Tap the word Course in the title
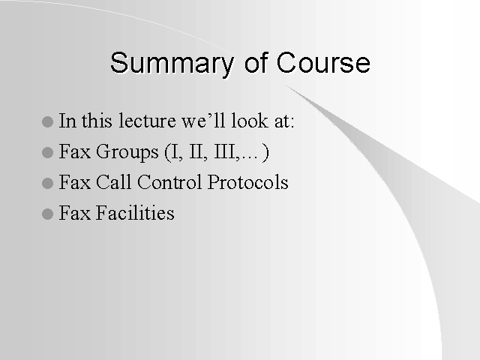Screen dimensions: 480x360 [x=323, y=62]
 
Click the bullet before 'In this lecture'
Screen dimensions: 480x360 [x=47, y=121]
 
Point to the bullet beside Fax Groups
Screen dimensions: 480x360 [x=47, y=152]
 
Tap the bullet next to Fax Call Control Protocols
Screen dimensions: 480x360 [x=47, y=183]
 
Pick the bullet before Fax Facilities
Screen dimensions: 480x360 [x=47, y=214]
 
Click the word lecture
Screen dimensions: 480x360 [x=147, y=120]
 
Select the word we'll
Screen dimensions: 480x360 [x=203, y=120]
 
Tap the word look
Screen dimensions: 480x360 [x=250, y=120]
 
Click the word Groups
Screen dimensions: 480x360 [x=127, y=152]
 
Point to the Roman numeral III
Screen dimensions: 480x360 [x=225, y=151]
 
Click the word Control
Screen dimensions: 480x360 [x=169, y=181]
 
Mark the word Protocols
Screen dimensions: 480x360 [x=248, y=181]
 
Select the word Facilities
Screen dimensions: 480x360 [x=135, y=212]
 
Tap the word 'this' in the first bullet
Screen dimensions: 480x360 [x=97, y=120]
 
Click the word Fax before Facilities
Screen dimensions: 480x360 [x=75, y=213]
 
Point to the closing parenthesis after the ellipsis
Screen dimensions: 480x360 [x=265, y=152]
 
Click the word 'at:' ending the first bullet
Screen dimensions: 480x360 [x=284, y=121]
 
